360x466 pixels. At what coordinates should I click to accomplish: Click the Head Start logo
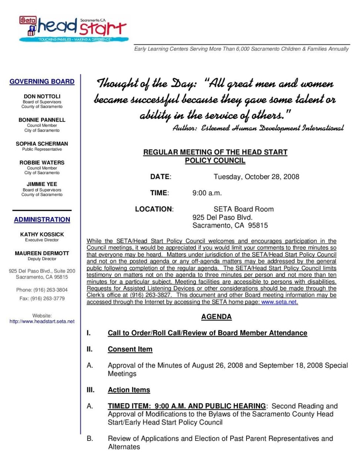tap(74, 29)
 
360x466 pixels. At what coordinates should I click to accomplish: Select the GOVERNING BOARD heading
tap(42, 82)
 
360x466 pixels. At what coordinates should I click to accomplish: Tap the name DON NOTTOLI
tap(42, 96)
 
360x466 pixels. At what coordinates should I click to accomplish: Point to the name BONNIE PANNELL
tap(42, 120)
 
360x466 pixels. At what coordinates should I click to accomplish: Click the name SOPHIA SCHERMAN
tap(42, 143)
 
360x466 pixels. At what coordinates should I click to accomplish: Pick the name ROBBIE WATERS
tap(42, 162)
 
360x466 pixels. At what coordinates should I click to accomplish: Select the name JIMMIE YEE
tap(42, 184)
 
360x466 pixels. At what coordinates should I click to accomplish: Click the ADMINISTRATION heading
tap(42, 220)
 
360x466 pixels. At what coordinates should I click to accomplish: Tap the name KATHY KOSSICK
tap(42, 234)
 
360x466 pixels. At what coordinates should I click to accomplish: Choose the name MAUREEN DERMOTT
tap(42, 253)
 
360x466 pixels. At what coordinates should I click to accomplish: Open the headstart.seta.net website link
tap(42, 321)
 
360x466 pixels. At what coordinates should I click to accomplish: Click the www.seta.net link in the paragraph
tap(279, 302)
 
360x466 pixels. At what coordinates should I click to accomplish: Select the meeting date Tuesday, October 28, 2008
tap(256, 177)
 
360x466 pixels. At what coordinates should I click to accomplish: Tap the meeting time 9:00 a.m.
tap(207, 193)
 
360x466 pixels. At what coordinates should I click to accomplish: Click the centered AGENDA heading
tap(216, 317)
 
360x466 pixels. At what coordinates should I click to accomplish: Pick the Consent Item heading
tap(130, 349)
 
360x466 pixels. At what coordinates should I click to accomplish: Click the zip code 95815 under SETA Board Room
tap(258, 226)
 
